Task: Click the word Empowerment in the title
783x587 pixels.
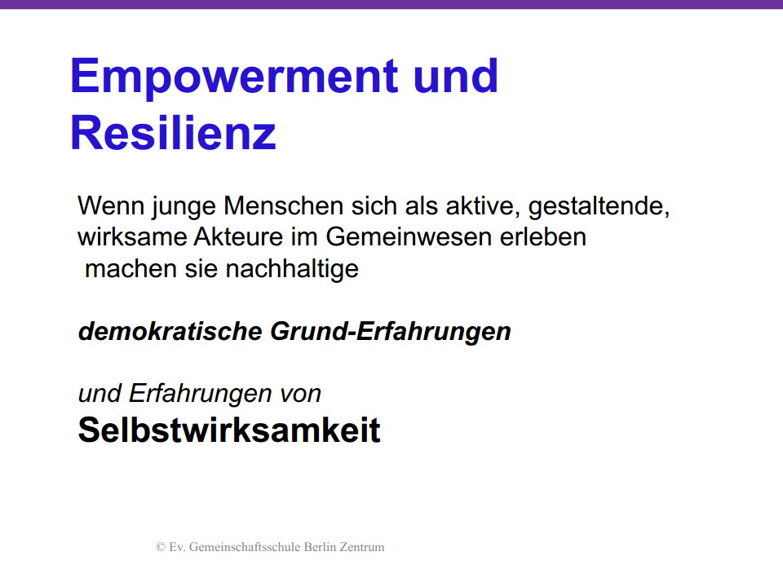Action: pos(234,77)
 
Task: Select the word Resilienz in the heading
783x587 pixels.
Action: pos(173,132)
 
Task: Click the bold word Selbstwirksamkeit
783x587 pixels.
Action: pos(229,430)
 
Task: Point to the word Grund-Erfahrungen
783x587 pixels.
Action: pos(391,332)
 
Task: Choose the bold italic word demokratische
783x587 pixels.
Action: pos(170,332)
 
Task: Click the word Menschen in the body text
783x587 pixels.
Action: pos(283,205)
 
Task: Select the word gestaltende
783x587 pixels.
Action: pos(599,207)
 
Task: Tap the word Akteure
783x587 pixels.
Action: pos(238,236)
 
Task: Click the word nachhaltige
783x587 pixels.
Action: pos(292,270)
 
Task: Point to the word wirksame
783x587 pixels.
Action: pos(132,236)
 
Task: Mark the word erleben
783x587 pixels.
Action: pos(543,236)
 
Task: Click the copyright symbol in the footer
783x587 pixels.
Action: pos(161,547)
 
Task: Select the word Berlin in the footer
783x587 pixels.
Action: pos(320,547)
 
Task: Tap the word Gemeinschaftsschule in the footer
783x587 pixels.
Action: pos(245,547)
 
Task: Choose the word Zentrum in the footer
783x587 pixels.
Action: pos(362,547)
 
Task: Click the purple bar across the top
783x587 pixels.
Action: pos(391,4)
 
